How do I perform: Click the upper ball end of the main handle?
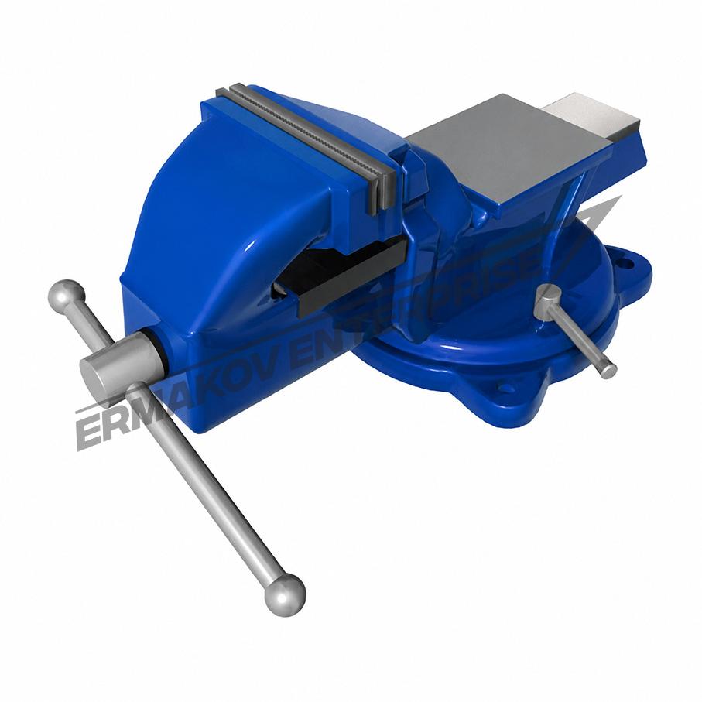67,295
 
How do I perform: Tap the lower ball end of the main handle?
285,594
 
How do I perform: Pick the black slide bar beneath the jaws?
354,273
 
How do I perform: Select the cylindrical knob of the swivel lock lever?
548,303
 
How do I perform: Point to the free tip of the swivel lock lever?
608,372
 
